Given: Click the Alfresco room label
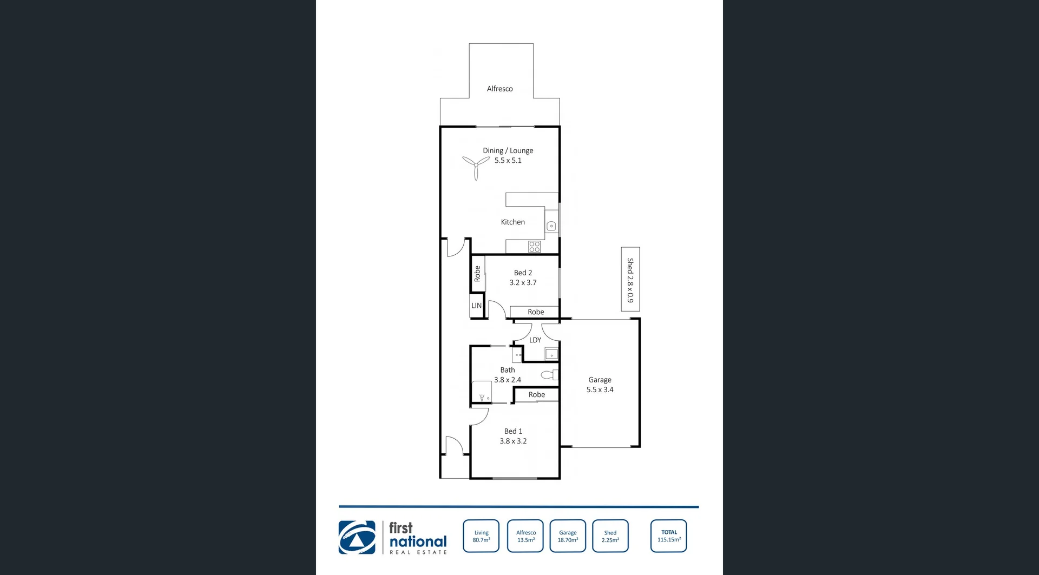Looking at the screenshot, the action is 499,89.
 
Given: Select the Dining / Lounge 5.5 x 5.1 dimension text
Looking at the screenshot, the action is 508,161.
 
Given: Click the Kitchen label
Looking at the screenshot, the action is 512,222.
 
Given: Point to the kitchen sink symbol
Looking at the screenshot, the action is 551,226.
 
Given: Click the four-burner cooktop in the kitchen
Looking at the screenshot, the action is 535,247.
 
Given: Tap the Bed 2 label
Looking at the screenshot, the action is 523,273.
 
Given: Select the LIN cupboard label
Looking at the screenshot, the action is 476,306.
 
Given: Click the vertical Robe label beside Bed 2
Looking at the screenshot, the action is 477,274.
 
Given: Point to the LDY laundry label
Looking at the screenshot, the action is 535,340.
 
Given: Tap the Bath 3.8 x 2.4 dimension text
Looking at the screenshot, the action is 508,380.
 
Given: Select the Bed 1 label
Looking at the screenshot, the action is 513,431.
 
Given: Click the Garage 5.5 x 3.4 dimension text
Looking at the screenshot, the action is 600,389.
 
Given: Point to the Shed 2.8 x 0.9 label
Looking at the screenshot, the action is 630,280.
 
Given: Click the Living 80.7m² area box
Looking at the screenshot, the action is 481,536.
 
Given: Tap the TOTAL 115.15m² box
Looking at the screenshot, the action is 669,536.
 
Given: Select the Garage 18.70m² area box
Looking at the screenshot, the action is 568,536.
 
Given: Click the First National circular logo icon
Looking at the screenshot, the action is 357,537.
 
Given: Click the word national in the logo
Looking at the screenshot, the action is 418,541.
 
